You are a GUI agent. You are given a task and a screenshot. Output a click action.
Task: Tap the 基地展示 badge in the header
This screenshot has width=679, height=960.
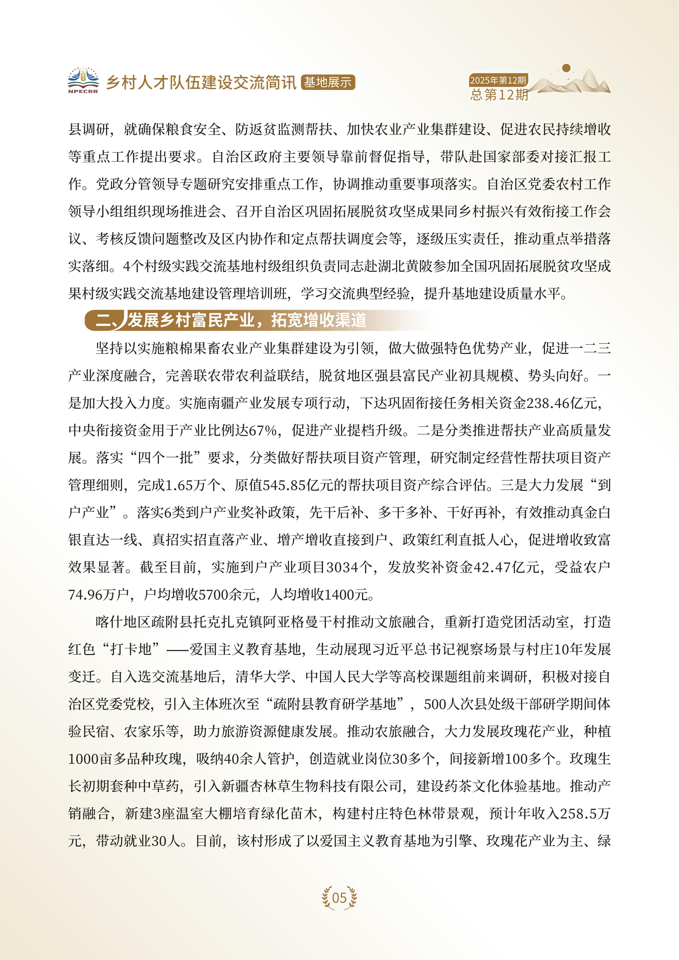click(327, 82)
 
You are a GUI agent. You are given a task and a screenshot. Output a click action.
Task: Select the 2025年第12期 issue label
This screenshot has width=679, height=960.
click(498, 80)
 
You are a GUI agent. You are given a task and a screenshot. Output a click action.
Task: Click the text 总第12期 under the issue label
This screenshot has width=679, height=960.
click(499, 95)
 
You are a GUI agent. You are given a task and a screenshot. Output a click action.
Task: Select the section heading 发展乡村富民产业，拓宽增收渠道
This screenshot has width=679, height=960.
click(247, 320)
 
